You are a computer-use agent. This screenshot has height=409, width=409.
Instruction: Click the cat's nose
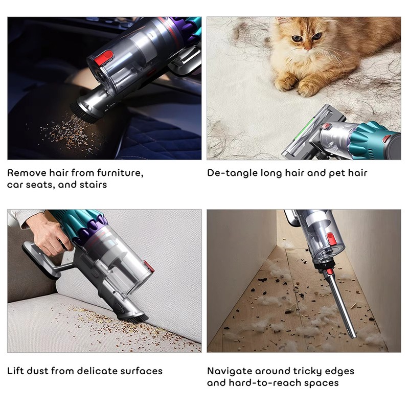[308, 49]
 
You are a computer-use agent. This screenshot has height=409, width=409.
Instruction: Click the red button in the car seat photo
[104, 58]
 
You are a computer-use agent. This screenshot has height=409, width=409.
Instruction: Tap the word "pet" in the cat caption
[336, 173]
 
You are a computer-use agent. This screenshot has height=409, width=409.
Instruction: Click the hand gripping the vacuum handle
[50, 235]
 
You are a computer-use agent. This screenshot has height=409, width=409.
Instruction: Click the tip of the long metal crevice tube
[353, 337]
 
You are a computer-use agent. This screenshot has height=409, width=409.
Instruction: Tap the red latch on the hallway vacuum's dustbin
[331, 239]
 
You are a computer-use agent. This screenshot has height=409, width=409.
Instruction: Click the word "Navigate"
[229, 372]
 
